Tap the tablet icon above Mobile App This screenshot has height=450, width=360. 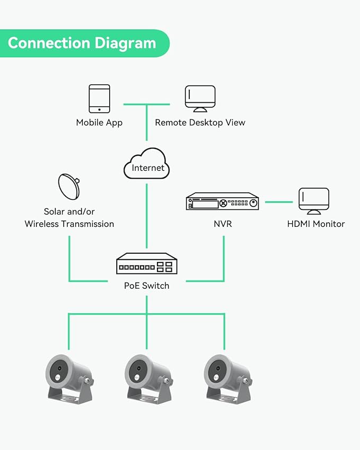(99, 99)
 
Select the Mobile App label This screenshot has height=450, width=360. (99, 122)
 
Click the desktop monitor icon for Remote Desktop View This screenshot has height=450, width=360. (200, 99)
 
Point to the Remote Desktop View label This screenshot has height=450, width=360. (200, 122)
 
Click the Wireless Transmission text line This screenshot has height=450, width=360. (69, 224)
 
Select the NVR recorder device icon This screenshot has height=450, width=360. (222, 202)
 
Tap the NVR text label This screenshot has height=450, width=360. (222, 224)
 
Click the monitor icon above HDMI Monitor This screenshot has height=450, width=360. (313, 201)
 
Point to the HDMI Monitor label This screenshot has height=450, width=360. (315, 224)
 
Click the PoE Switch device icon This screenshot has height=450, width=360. (147, 263)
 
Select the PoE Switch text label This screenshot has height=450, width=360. (147, 286)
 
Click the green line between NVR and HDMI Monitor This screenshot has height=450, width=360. (279, 202)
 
